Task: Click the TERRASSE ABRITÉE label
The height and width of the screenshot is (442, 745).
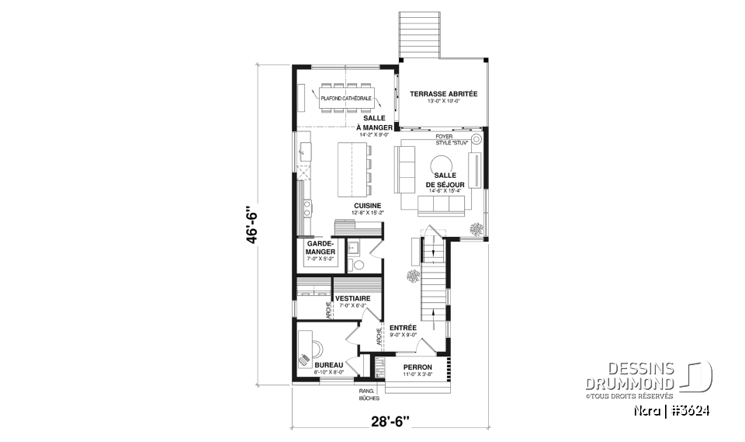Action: [444, 94]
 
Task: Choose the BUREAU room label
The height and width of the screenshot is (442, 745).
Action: [329, 364]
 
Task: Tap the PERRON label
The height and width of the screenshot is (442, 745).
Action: [417, 367]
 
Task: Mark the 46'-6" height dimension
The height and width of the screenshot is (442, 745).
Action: [250, 224]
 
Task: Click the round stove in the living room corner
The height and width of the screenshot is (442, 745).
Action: [476, 140]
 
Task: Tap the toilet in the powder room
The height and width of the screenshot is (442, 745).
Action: [359, 264]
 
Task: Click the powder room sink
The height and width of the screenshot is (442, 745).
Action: [352, 249]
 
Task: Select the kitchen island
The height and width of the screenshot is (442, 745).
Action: [352, 170]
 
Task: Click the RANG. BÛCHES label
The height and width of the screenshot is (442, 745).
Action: [368, 394]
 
